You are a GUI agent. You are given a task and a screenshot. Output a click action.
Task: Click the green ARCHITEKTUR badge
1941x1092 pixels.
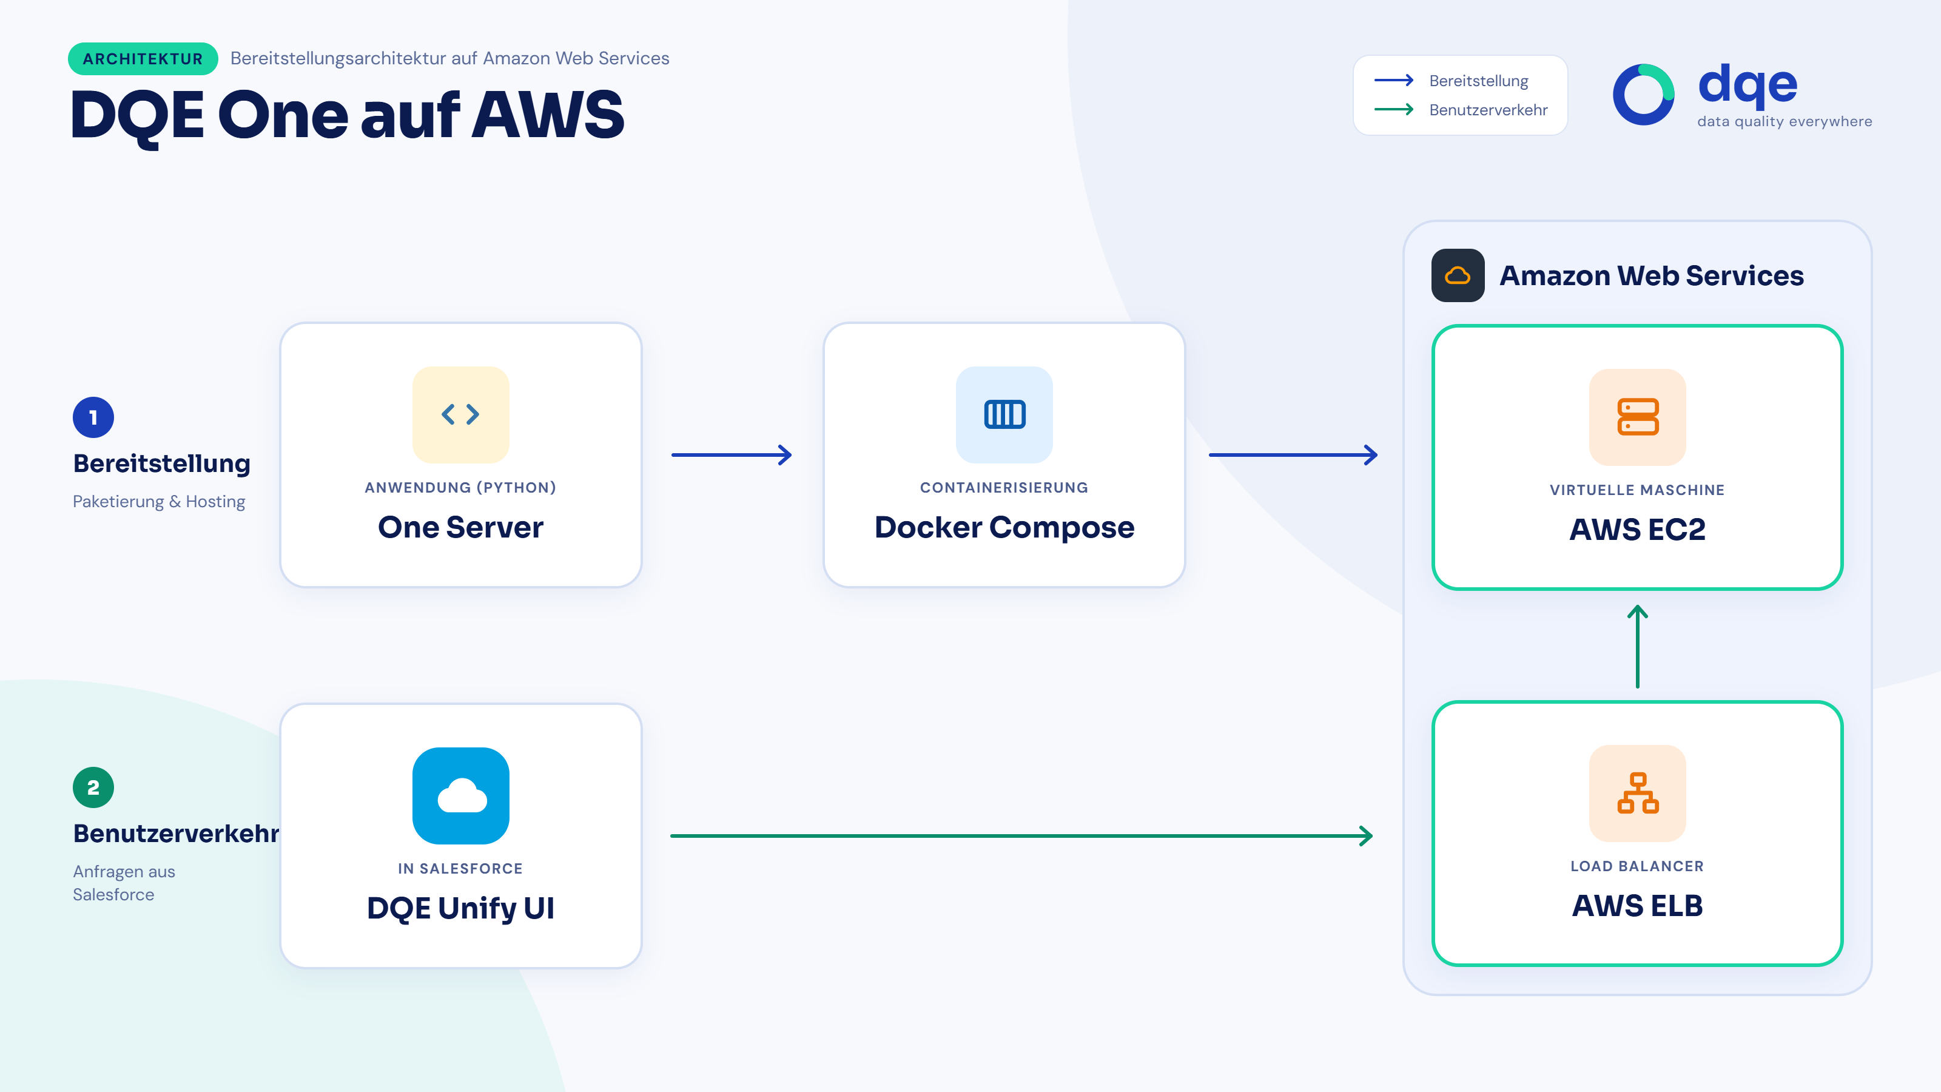143,59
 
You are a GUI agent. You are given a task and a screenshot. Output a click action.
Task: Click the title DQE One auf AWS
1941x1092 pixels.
348,115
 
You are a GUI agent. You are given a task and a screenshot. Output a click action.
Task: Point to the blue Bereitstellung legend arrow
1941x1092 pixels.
1394,80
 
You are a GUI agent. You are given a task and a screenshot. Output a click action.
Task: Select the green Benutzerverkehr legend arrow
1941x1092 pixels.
1394,109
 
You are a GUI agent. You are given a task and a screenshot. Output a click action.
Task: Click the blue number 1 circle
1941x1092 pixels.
93,417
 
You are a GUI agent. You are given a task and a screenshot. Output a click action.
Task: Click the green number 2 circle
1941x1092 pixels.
93,787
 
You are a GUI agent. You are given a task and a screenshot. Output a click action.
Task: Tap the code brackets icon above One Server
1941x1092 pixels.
460,414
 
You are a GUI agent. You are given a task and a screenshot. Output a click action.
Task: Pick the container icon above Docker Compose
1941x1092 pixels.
1004,414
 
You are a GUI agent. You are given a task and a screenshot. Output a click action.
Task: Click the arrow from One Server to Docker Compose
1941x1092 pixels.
732,454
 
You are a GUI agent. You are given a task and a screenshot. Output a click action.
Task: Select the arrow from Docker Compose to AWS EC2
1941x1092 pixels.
1293,454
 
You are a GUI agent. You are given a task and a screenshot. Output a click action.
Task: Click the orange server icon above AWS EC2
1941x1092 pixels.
1637,417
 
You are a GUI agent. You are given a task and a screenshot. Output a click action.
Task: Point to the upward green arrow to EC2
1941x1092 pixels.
1637,647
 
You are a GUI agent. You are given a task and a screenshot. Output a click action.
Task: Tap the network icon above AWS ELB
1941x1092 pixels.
1637,793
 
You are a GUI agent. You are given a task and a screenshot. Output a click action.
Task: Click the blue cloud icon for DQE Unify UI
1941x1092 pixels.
460,796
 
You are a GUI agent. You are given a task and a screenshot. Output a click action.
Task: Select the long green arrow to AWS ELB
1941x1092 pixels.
1021,836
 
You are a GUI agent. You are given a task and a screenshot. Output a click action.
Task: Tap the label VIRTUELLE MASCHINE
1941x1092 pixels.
1637,490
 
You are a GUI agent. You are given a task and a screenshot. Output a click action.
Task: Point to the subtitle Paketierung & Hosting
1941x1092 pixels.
159,502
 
